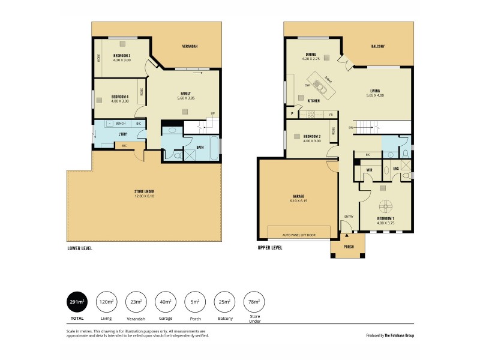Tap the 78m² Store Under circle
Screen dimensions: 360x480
254,302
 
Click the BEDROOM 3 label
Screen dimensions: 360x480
122,55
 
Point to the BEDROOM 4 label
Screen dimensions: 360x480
121,97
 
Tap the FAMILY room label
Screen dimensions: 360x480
186,94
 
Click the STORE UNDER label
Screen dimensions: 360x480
145,192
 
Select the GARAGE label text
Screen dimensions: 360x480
298,196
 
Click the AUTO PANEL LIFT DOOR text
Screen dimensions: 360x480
298,235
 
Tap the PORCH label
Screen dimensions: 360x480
348,246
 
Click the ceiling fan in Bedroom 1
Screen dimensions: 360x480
385,203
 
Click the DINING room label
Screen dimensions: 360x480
311,52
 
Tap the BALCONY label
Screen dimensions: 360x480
377,46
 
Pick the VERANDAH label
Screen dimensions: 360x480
190,46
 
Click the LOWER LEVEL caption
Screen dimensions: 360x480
80,248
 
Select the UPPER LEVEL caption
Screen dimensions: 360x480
269,248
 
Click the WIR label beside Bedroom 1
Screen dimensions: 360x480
370,170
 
